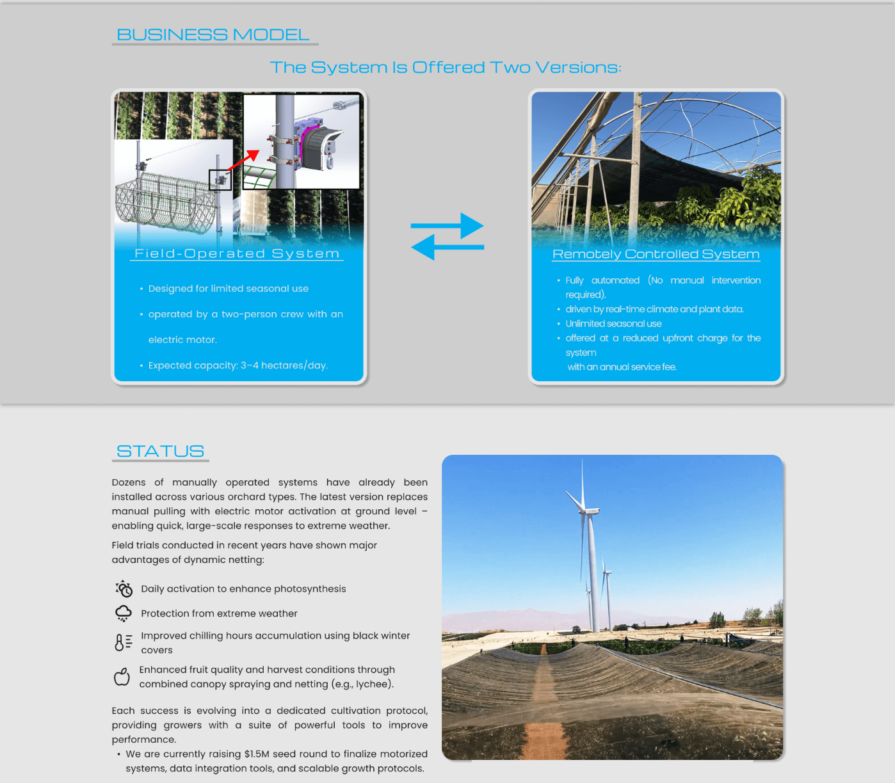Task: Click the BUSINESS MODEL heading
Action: point(213,35)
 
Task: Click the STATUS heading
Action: point(160,451)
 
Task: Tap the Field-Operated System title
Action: point(237,253)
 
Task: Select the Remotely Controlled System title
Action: point(656,254)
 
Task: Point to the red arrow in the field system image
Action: point(244,161)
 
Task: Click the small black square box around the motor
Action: point(220,180)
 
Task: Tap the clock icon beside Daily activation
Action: point(124,589)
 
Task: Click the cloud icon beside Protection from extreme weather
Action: point(124,613)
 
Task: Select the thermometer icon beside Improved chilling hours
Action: point(123,642)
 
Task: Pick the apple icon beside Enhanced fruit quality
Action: point(122,676)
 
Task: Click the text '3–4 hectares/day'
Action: point(284,365)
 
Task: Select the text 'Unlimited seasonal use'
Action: point(613,324)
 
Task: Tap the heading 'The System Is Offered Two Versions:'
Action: point(446,67)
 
